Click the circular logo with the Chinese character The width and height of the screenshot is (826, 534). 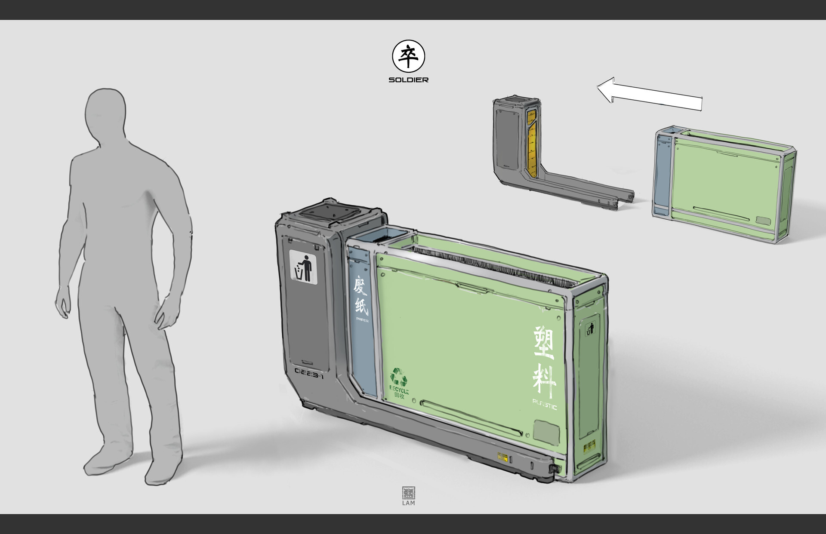pos(408,56)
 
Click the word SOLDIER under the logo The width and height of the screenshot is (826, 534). pos(408,80)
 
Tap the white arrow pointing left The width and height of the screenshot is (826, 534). pos(650,94)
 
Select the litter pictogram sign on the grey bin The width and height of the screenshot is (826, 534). pos(303,267)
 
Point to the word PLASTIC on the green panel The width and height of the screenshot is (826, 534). pos(545,405)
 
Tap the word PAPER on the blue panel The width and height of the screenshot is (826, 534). pos(362,320)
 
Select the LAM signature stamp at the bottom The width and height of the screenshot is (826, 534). pos(408,496)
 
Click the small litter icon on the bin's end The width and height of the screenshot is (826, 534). pos(590,329)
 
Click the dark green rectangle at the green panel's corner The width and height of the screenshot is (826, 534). pos(546,431)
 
